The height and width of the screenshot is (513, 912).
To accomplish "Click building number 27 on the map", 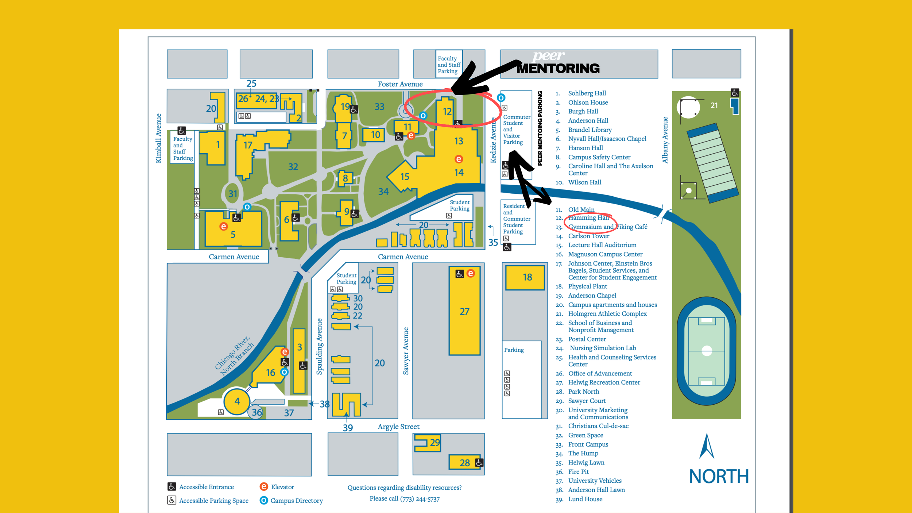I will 464,311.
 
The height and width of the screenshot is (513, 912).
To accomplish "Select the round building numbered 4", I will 237,401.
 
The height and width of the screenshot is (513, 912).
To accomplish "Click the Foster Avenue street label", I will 400,84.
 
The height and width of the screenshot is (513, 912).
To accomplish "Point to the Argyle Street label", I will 398,427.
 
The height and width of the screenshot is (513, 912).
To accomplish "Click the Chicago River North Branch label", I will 234,355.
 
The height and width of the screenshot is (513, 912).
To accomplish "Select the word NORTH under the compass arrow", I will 718,476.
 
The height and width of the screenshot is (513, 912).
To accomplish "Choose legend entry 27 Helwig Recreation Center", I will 604,382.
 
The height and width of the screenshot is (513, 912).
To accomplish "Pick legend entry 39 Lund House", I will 585,499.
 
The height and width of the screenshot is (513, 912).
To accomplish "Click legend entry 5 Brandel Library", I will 590,130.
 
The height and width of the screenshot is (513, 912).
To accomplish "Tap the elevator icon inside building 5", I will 223,227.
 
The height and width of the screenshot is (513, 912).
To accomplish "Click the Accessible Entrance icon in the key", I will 171,487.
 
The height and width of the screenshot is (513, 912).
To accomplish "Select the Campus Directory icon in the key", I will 263,500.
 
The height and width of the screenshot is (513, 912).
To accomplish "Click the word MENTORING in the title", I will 558,69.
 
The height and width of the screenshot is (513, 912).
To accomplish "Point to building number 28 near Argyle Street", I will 464,463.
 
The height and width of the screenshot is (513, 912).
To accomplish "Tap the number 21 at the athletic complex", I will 714,105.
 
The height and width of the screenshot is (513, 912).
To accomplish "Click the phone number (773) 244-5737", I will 420,499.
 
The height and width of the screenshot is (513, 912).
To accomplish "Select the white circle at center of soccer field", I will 707,351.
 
